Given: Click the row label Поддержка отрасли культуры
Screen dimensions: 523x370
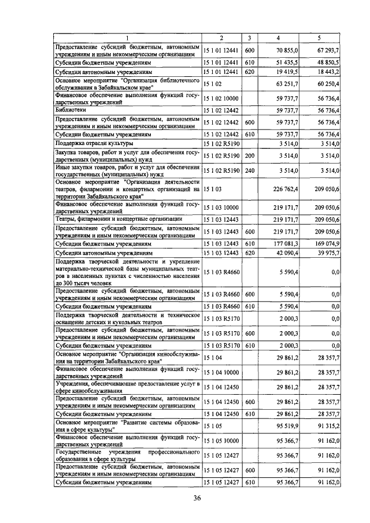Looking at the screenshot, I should pyautogui.click(x=94, y=142).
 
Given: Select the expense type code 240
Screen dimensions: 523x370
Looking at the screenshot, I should pyautogui.click(x=249, y=171).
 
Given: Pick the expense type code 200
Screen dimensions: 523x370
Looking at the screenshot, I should pyautogui.click(x=249, y=154).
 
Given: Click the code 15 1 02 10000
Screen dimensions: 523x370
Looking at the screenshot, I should pyautogui.click(x=221, y=99).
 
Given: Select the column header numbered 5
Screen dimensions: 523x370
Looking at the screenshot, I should pyautogui.click(x=319, y=38).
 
